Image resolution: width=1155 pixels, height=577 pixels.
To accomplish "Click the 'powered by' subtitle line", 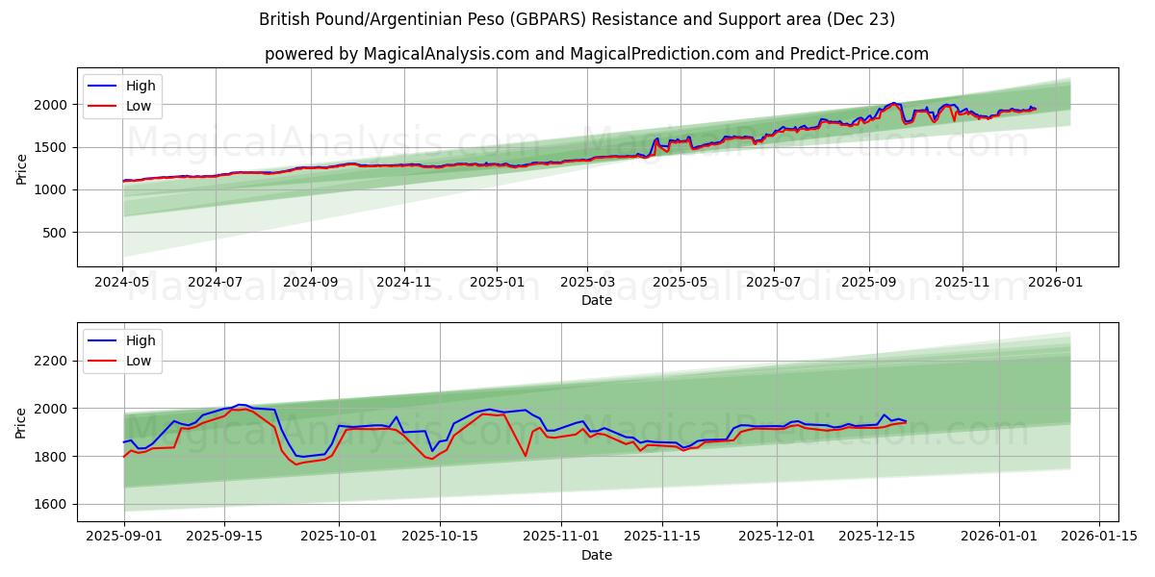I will pyautogui.click(x=597, y=54).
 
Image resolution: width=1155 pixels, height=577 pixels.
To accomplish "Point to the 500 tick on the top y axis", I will pyautogui.click(x=54, y=233).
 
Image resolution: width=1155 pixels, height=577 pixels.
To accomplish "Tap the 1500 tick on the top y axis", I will pyautogui.click(x=50, y=147).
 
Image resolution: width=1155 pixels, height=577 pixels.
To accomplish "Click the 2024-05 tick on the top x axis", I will pyautogui.click(x=122, y=284).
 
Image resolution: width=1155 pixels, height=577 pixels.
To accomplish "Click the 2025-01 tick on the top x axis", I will pyautogui.click(x=497, y=284).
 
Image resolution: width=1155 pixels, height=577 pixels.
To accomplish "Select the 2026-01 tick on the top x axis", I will pyautogui.click(x=1056, y=284).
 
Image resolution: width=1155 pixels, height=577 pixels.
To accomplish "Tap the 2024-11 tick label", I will pyautogui.click(x=402, y=284).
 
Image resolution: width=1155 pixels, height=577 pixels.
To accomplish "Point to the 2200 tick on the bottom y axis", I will pyautogui.click(x=50, y=361).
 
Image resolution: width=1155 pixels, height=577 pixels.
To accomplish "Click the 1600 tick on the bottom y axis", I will pyautogui.click(x=50, y=504).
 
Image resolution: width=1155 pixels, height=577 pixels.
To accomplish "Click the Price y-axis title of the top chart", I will pyautogui.click(x=21, y=169).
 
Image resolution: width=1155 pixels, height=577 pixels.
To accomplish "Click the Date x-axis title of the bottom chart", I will pyautogui.click(x=597, y=556).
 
